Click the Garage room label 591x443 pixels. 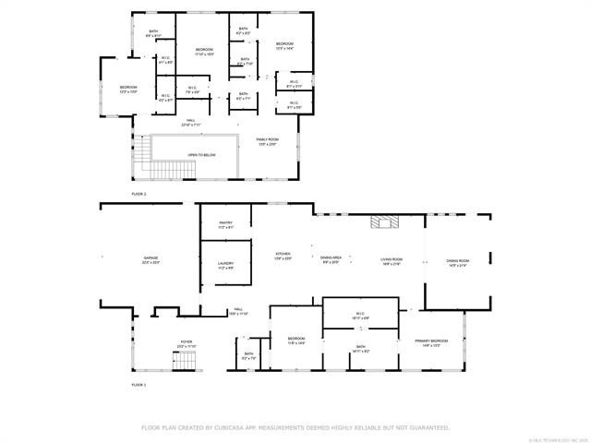click(151, 260)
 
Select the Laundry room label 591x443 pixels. click(225, 265)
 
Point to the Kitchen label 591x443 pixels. click(283, 254)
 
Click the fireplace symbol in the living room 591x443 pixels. click(382, 221)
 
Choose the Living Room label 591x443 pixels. click(392, 260)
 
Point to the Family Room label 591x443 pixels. click(266, 140)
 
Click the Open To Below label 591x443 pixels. click(201, 155)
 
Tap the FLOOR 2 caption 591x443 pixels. click(139, 195)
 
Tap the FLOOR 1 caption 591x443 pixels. click(139, 383)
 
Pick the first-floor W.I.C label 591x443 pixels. click(359, 314)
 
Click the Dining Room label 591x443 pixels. click(457, 263)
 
